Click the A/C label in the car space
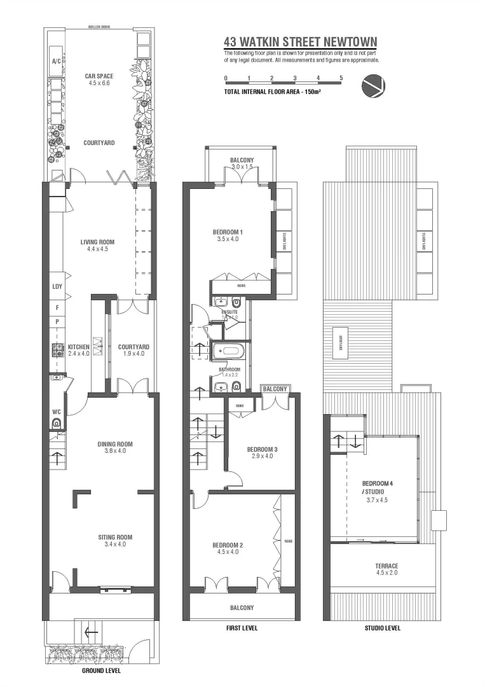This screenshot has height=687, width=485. pyautogui.click(x=55, y=62)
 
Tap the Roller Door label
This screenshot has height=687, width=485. pyautogui.click(x=99, y=28)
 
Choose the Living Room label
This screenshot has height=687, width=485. pyautogui.click(x=97, y=242)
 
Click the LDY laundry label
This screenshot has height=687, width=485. pyautogui.click(x=57, y=287)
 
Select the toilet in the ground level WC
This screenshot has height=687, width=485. pyautogui.click(x=56, y=422)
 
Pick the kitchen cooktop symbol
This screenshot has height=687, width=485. pyautogui.click(x=56, y=349)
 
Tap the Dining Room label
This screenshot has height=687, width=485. pyautogui.click(x=114, y=444)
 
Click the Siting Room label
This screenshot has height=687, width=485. pyautogui.click(x=114, y=537)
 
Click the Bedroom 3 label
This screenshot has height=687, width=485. pyautogui.click(x=262, y=449)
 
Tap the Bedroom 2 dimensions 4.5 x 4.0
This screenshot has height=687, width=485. pyautogui.click(x=226, y=552)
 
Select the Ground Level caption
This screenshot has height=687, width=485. pyautogui.click(x=102, y=670)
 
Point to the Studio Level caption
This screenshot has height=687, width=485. pyautogui.click(x=382, y=628)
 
